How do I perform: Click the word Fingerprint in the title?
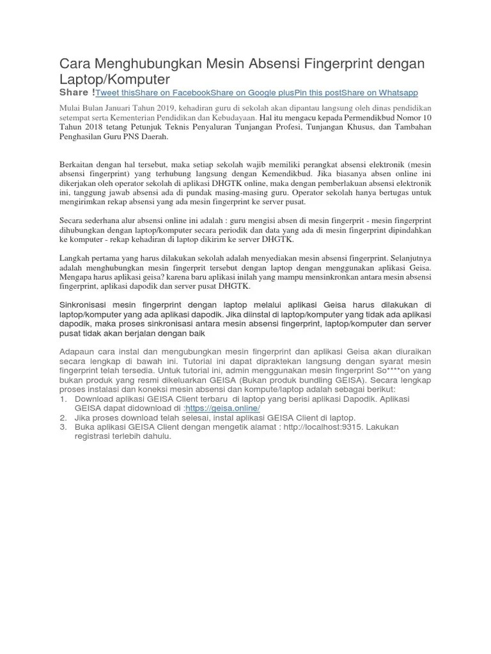(x=340, y=64)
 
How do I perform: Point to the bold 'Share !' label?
(x=77, y=93)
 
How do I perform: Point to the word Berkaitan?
(x=79, y=163)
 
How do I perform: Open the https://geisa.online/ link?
(x=222, y=408)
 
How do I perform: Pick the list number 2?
(x=63, y=418)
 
